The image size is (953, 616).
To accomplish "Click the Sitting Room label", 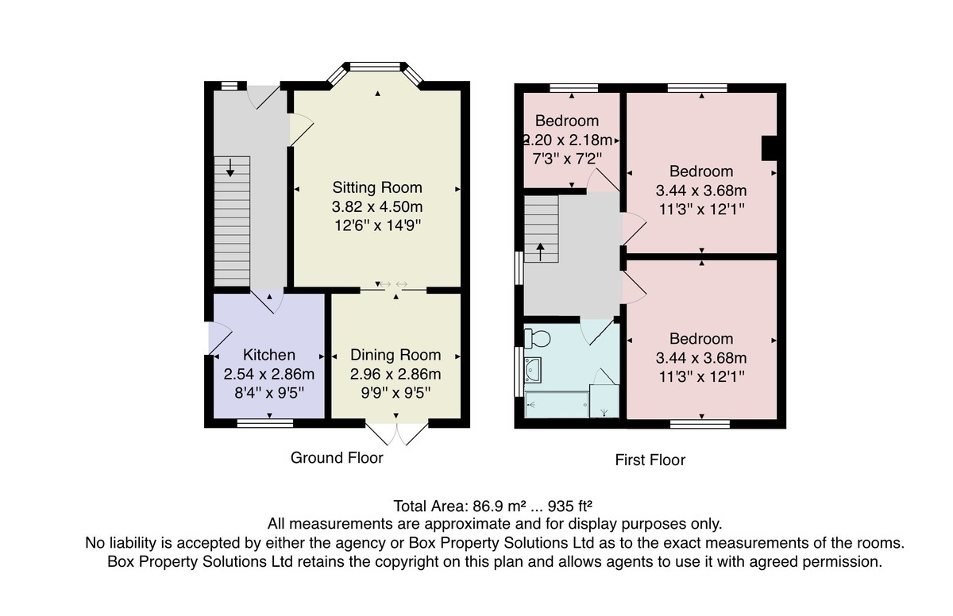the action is [x=377, y=187].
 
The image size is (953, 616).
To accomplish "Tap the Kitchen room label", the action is [x=269, y=355].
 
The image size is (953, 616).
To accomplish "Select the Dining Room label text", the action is [x=395, y=355].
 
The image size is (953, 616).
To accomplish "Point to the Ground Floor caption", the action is [x=337, y=457].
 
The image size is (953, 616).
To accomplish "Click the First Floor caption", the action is [x=650, y=460].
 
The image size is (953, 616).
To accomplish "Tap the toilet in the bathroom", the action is [x=537, y=339].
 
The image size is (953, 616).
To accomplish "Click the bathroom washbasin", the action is [x=533, y=370].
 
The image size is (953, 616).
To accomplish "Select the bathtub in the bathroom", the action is [x=557, y=405].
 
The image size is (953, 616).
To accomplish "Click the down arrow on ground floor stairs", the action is [x=230, y=167].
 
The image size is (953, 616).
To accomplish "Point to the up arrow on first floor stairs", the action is [x=540, y=252].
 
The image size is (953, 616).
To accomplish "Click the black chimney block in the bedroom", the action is [x=770, y=148].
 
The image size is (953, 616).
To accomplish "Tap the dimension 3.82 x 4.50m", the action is [x=377, y=206].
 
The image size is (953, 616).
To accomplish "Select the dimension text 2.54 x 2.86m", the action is [x=269, y=374].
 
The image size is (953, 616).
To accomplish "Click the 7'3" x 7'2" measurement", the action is [x=567, y=159].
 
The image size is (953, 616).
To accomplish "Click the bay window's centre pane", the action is [x=375, y=67].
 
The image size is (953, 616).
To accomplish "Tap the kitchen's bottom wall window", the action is [x=265, y=422].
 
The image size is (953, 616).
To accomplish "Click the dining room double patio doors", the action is [x=396, y=433].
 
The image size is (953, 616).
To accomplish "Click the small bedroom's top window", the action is [x=573, y=88].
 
